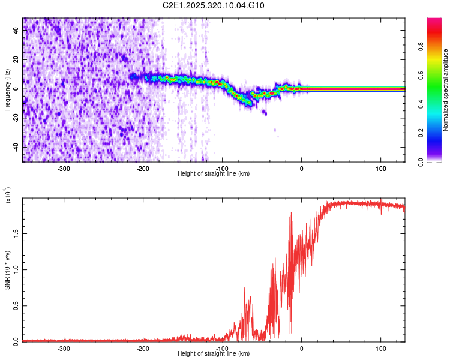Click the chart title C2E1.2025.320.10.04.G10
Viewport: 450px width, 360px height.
point(214,6)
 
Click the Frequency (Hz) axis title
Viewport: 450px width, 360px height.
point(7,89)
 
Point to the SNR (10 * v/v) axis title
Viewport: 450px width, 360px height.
point(7,270)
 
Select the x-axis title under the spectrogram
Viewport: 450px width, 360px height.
point(214,173)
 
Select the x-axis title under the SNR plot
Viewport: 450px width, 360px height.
point(214,354)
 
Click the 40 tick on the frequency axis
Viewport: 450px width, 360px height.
point(17,31)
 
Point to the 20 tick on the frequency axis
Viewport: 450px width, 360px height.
point(17,60)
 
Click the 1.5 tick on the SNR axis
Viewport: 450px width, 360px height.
point(17,233)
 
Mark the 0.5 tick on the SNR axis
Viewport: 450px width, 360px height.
point(17,305)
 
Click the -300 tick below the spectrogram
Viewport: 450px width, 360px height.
point(64,168)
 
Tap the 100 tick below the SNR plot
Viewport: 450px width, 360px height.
point(380,348)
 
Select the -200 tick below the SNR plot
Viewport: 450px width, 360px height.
point(143,348)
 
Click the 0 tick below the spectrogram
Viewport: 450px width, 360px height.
point(301,168)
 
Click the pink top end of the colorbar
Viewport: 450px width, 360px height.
point(434,22)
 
